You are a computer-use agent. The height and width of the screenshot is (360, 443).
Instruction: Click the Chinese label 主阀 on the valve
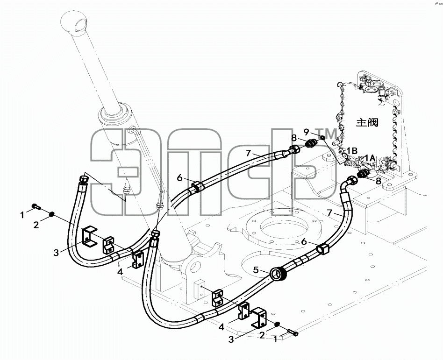367,122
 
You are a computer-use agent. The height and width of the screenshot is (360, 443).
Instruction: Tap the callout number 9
307,132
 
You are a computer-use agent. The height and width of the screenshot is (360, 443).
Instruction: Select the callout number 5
256,270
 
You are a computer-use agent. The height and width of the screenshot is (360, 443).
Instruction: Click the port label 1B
352,150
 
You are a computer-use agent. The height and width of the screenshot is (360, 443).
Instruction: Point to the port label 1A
370,158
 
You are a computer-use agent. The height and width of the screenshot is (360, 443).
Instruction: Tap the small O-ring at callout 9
322,137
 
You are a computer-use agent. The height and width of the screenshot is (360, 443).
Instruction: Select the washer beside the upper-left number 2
52,215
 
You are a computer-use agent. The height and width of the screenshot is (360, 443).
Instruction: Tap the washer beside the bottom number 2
278,324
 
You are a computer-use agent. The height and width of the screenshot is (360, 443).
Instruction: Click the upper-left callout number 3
56,253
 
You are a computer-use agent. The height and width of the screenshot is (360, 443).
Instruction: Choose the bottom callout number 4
221,327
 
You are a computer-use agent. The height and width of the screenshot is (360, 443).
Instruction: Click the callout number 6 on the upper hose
180,178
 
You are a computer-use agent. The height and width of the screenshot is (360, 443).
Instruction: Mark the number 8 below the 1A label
379,181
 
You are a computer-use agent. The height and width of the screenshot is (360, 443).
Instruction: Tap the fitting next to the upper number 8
311,143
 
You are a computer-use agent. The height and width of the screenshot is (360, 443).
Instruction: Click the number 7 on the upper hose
248,153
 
